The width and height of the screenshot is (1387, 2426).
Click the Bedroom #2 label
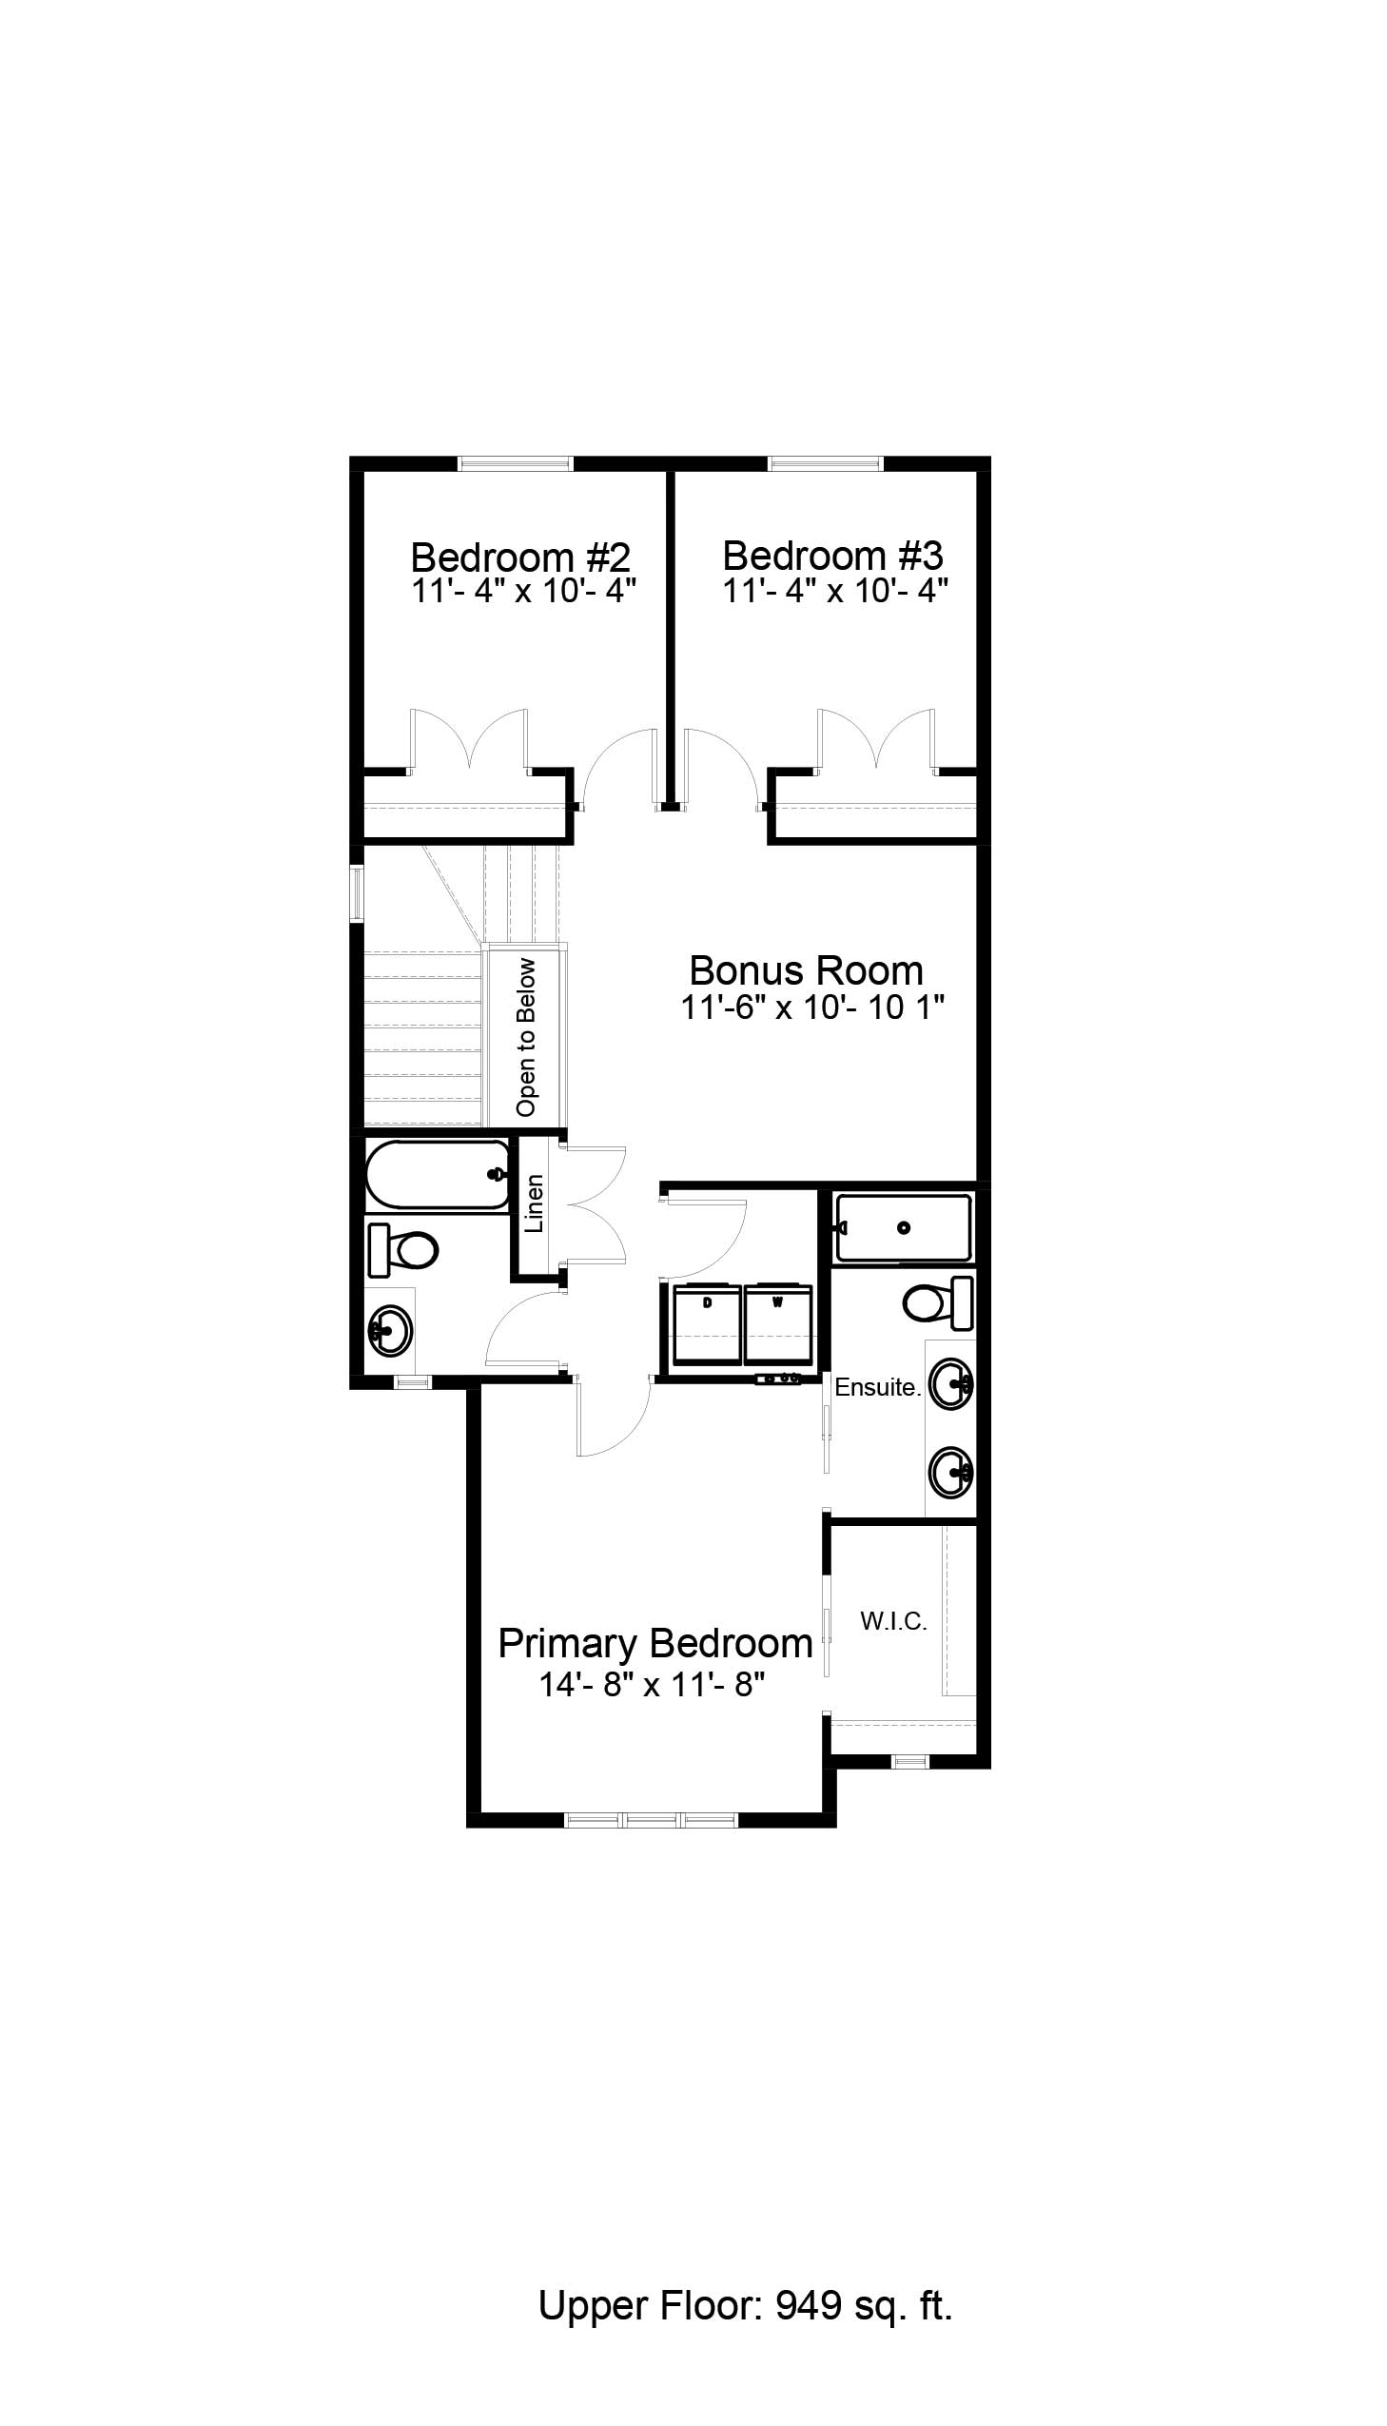click(x=520, y=556)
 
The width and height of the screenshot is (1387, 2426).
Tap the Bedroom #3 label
click(x=832, y=555)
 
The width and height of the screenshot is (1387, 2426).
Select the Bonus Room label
click(x=806, y=970)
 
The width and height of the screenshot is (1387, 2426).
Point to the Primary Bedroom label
click(x=655, y=1643)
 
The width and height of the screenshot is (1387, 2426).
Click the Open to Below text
click(x=526, y=1037)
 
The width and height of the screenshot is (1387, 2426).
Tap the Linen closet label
click(x=535, y=1203)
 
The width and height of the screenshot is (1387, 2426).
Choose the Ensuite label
click(x=878, y=1388)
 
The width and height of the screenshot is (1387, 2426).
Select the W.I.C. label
click(x=893, y=1621)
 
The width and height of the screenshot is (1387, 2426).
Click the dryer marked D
click(x=708, y=1324)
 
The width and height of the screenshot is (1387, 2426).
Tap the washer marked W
click(x=778, y=1324)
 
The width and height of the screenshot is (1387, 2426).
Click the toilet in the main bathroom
click(x=402, y=1251)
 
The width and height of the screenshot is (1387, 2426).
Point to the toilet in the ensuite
click(x=938, y=1304)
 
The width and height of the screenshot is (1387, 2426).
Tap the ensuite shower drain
click(x=904, y=1228)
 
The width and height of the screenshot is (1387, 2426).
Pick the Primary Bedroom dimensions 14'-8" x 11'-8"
click(x=654, y=1685)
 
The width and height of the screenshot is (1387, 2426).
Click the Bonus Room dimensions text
click(x=811, y=1007)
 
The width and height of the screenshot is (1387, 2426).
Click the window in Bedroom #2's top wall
click(x=516, y=464)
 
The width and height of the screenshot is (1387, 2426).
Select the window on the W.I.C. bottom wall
click(x=909, y=1761)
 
